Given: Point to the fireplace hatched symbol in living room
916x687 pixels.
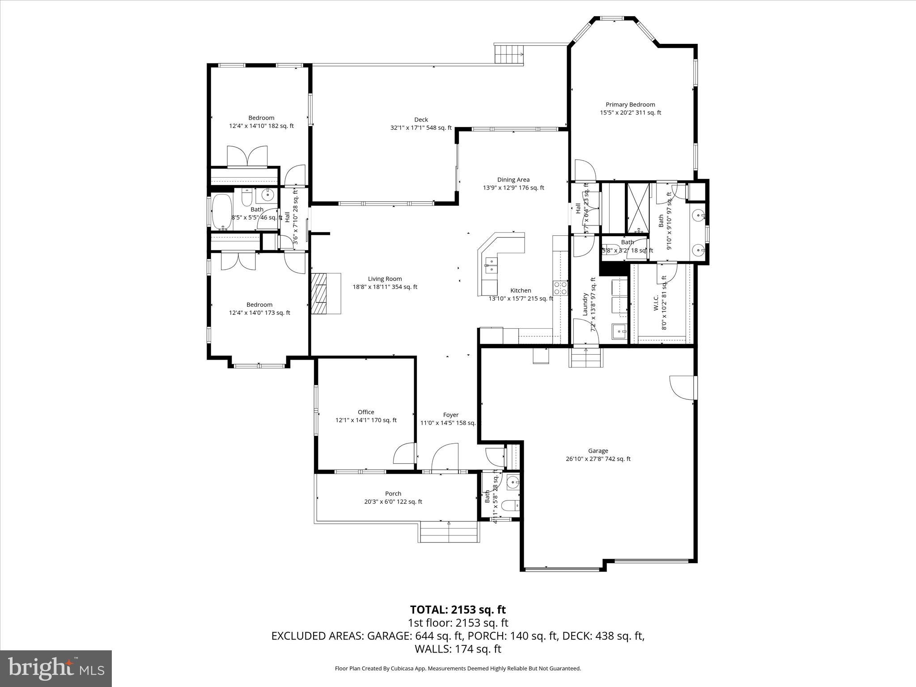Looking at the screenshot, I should pos(319,294).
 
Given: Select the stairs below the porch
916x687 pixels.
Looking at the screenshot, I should pos(449,533).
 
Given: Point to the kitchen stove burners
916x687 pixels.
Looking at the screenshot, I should pos(560,288).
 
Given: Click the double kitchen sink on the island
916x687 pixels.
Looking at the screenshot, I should pos(491,265).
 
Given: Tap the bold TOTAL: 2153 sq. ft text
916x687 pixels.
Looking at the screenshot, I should pos(458,610).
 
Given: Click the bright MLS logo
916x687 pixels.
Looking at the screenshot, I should pos(56,668).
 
